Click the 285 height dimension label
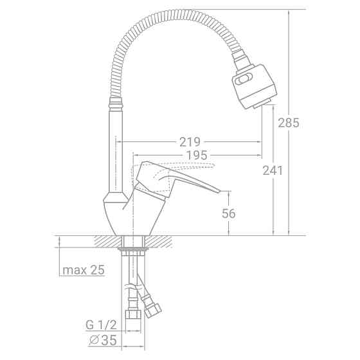[289, 123]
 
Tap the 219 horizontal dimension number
[190, 141]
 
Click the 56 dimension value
[230, 213]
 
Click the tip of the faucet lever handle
[225, 190]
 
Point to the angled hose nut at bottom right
[153, 311]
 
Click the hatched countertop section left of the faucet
[107, 242]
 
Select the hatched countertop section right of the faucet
[161, 242]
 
